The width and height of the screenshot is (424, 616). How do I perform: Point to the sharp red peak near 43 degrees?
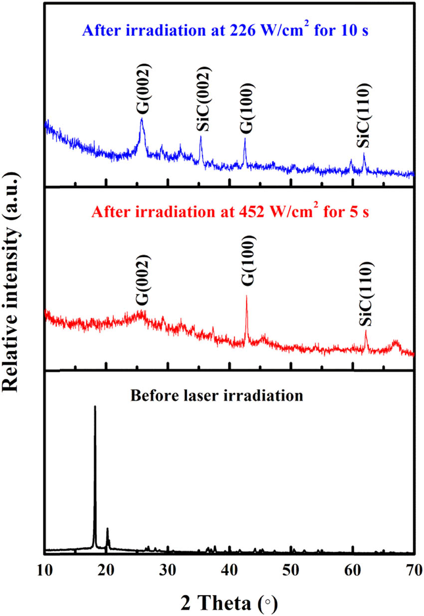(x=246, y=297)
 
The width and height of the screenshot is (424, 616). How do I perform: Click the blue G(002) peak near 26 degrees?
(x=142, y=120)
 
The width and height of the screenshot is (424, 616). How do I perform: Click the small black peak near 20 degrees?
(x=107, y=529)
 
